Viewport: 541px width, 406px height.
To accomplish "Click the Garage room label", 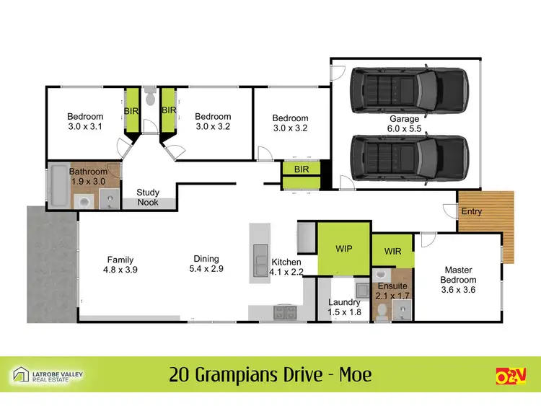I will [405, 118].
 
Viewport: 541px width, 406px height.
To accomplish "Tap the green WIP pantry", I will [343, 248].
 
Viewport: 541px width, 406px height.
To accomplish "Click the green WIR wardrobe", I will [392, 252].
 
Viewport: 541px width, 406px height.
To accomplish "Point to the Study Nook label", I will [148, 198].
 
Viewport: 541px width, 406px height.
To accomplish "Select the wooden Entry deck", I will [485, 211].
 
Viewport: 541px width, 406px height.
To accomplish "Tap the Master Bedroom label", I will [457, 275].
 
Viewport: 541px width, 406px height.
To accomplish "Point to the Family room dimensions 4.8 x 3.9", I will [120, 270].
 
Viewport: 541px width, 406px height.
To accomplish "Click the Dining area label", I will [206, 259].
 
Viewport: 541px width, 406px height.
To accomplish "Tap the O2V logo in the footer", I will [511, 375].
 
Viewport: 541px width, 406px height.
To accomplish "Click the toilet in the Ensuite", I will [381, 310].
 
